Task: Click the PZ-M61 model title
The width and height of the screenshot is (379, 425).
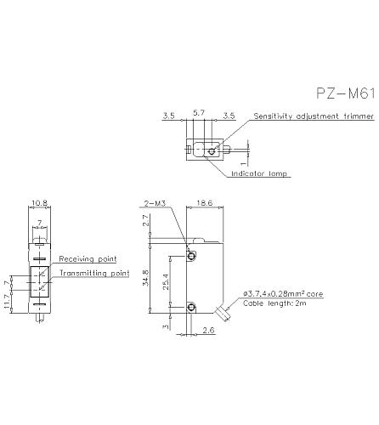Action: click(x=346, y=93)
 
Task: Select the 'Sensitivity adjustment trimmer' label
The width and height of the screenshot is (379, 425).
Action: click(x=314, y=116)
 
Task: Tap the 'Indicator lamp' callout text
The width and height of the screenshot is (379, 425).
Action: click(x=259, y=173)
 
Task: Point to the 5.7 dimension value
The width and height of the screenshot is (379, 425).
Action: click(x=199, y=113)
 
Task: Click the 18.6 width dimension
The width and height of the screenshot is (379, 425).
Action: click(x=205, y=203)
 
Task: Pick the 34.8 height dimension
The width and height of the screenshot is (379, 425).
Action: click(x=146, y=278)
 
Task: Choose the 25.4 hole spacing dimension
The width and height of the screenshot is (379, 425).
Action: click(x=166, y=281)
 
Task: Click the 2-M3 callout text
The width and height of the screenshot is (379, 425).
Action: click(x=155, y=203)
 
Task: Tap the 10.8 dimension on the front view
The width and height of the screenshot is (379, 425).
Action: click(x=39, y=203)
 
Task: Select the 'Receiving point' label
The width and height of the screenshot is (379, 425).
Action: click(x=88, y=259)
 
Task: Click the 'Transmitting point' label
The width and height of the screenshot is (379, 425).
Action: click(x=94, y=273)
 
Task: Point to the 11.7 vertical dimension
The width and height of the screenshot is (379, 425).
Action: click(x=8, y=302)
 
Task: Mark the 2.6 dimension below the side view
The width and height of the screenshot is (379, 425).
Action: click(x=209, y=330)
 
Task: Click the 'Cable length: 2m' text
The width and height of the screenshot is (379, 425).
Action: click(x=274, y=303)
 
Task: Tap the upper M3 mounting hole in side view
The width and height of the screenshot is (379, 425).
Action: click(x=191, y=257)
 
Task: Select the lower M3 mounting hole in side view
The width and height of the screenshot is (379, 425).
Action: click(x=191, y=307)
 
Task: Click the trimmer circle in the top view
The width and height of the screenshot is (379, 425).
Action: click(x=212, y=151)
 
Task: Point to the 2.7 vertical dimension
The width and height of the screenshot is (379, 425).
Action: click(x=146, y=220)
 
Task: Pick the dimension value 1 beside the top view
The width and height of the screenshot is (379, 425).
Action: click(x=243, y=163)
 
